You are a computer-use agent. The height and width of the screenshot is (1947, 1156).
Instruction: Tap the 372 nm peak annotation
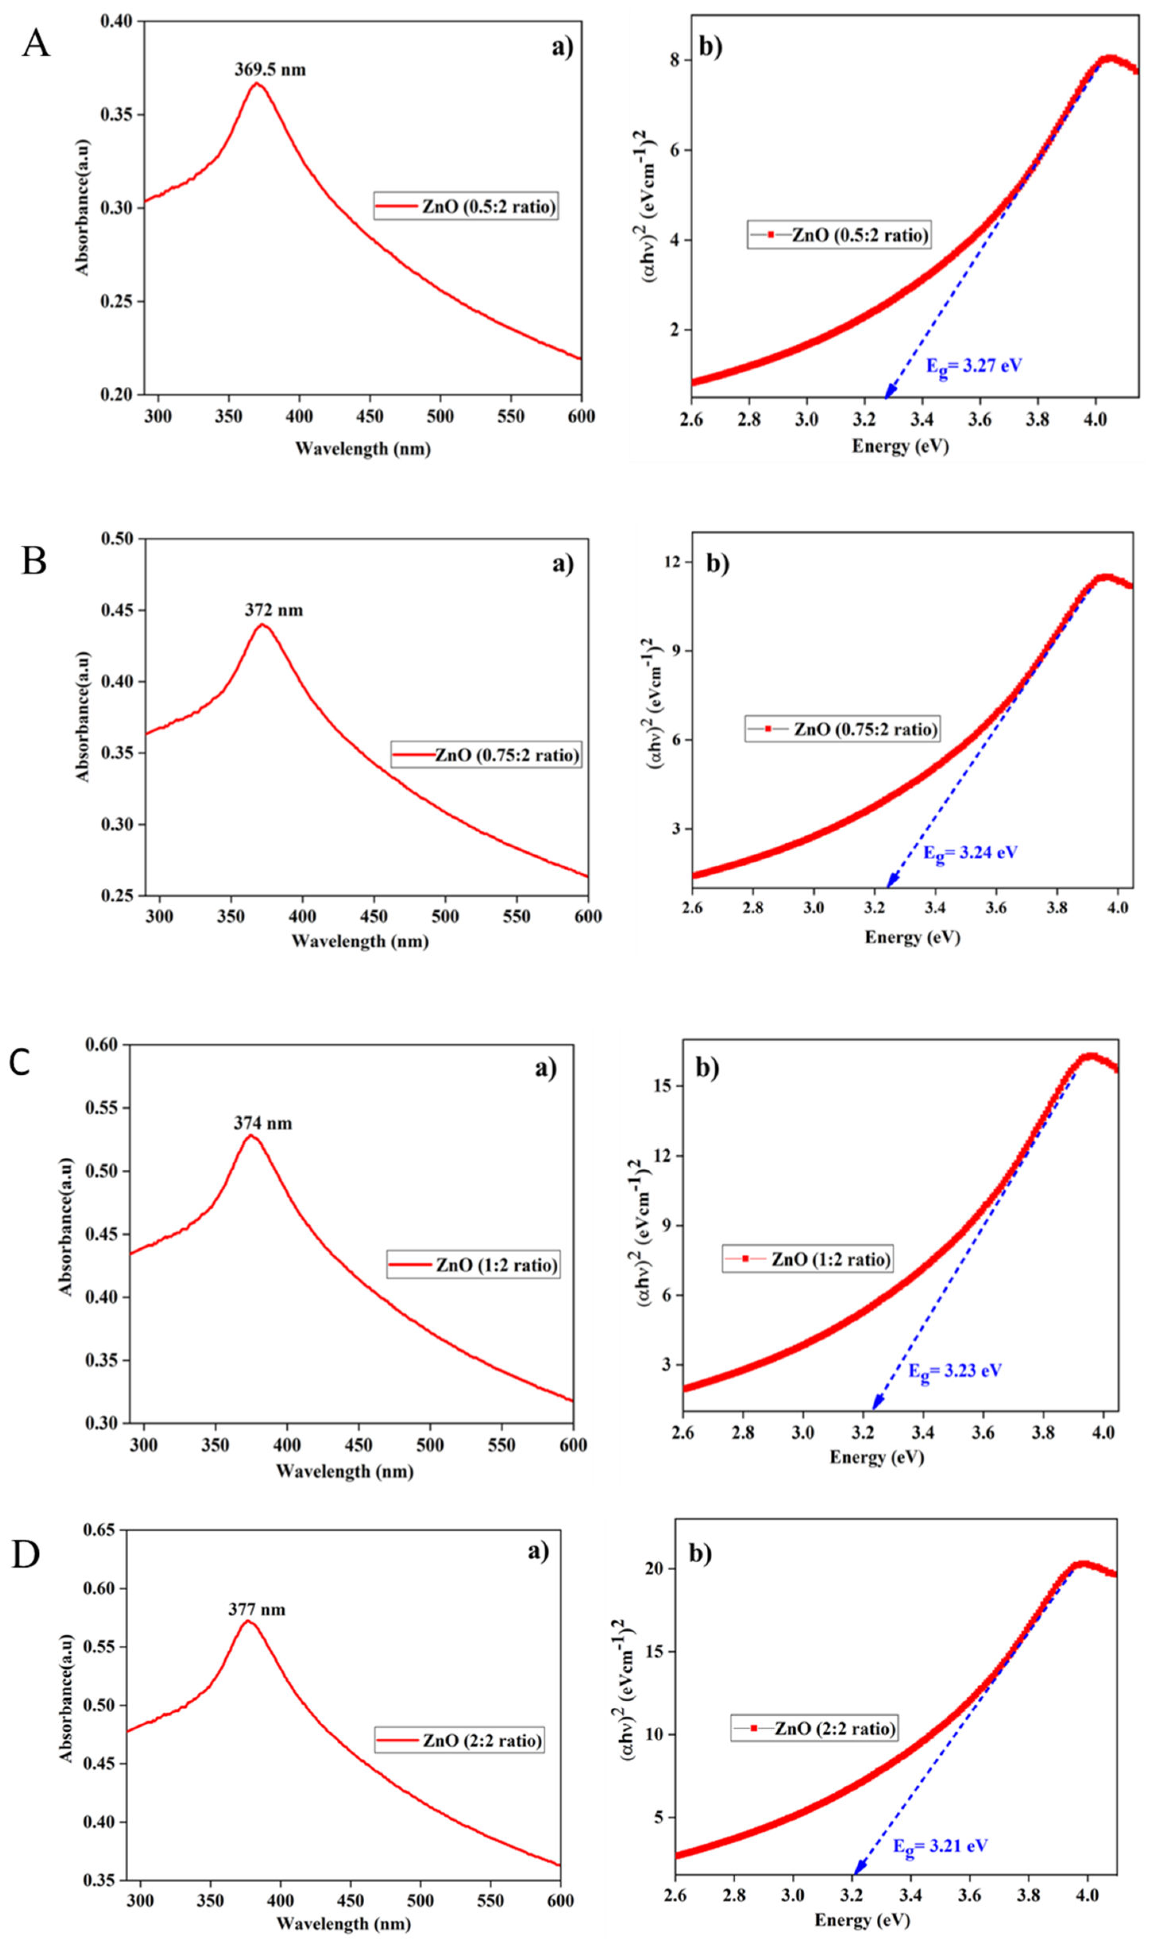click(273, 610)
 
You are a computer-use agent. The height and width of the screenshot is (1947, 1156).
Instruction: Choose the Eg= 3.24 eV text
click(970, 852)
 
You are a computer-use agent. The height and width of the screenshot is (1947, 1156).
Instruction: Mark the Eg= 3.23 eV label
click(955, 1370)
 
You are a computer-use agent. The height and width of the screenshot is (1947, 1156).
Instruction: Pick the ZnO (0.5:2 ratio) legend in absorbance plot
click(466, 207)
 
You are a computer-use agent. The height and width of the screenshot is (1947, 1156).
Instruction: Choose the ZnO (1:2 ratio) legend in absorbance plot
click(474, 1264)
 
